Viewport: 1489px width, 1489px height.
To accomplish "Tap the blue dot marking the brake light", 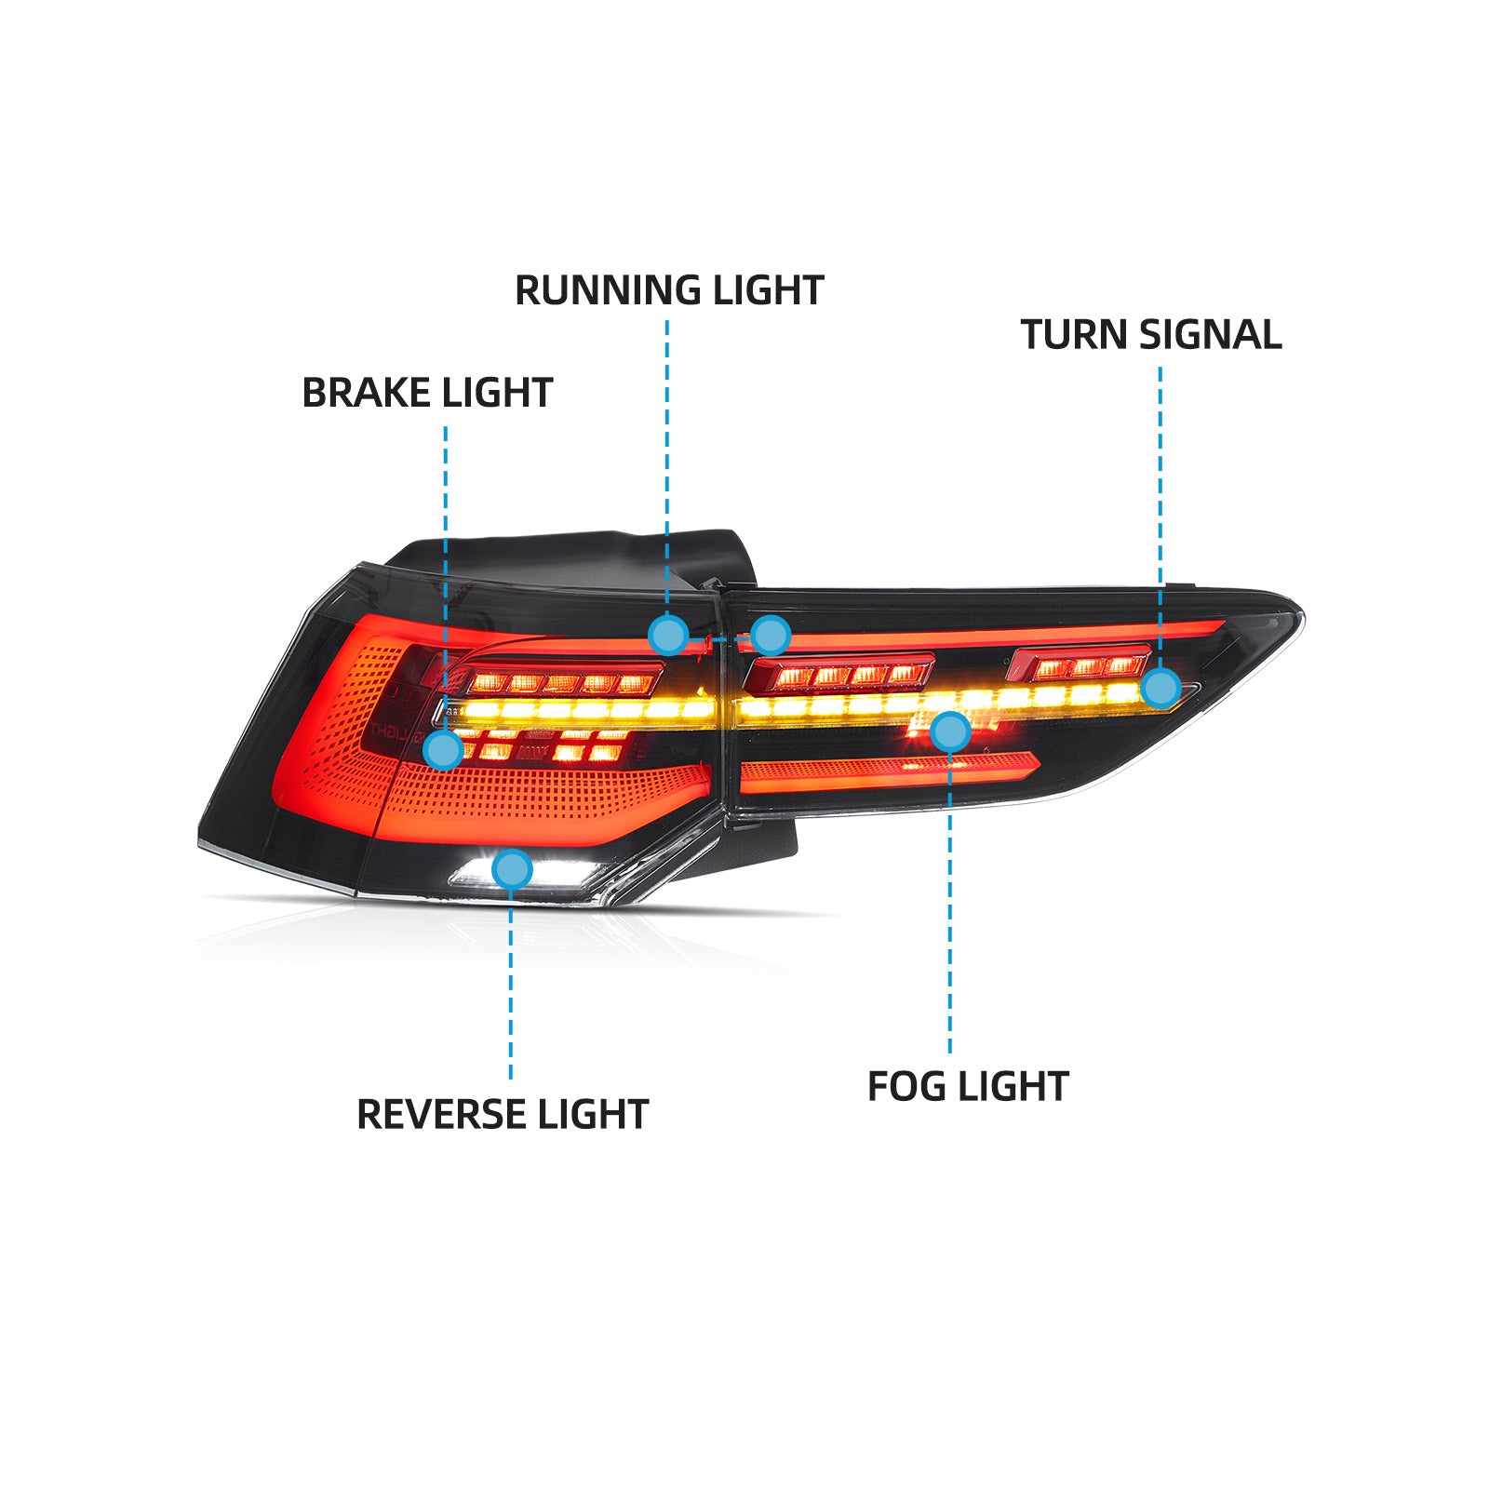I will coord(443,749).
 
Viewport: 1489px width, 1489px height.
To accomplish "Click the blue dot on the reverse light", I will coord(511,870).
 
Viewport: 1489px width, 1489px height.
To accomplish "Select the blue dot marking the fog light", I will coord(949,731).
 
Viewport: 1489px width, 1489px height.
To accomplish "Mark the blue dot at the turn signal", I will coord(1160,689).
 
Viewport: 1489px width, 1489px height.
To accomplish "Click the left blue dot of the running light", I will coord(668,636).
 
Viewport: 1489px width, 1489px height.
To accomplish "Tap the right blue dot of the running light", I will coord(771,636).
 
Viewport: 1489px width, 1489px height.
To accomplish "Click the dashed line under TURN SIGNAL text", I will coord(1160,512).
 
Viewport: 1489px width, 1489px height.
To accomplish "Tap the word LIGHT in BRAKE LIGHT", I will coord(498,393).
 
